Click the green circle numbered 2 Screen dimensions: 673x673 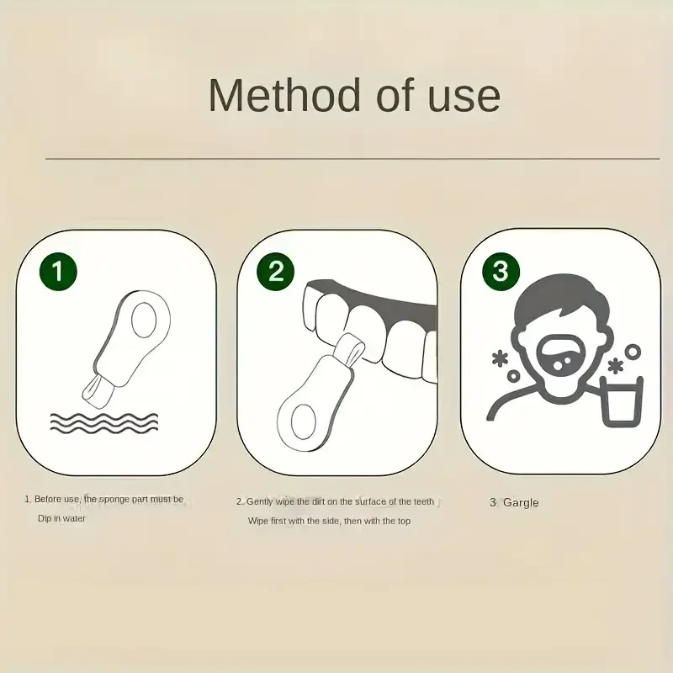click(276, 271)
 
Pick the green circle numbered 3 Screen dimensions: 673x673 click(501, 271)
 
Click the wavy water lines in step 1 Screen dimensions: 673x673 click(103, 421)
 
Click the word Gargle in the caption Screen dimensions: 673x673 click(521, 503)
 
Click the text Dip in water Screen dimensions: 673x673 click(61, 518)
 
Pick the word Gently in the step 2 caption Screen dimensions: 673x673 click(261, 501)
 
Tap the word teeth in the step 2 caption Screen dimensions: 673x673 click(423, 501)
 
